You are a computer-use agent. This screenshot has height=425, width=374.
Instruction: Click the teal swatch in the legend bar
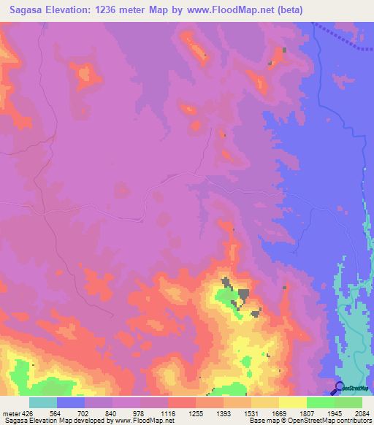[43, 402]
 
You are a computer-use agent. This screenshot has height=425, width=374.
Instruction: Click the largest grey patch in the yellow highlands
[242, 294]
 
